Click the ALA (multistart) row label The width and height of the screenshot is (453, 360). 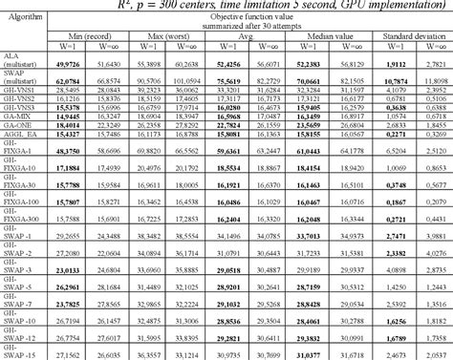pyautogui.click(x=21, y=65)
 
